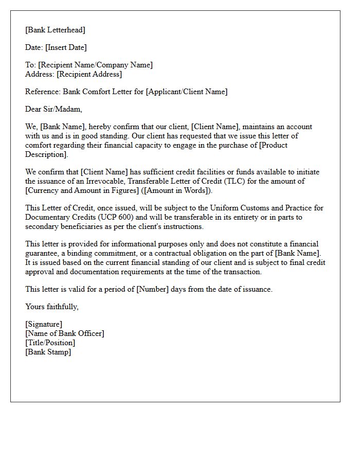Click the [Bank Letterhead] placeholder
coord(56,30)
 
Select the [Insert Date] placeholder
coord(66,47)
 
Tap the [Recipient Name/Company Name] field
coord(95,65)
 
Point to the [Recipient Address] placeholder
coord(89,74)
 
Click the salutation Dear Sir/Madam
coord(53,109)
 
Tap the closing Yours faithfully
coord(52,307)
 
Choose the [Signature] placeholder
coord(44,324)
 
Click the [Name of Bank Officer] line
coord(65,333)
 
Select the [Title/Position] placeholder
coord(50,343)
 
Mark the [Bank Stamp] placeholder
coord(48,352)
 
